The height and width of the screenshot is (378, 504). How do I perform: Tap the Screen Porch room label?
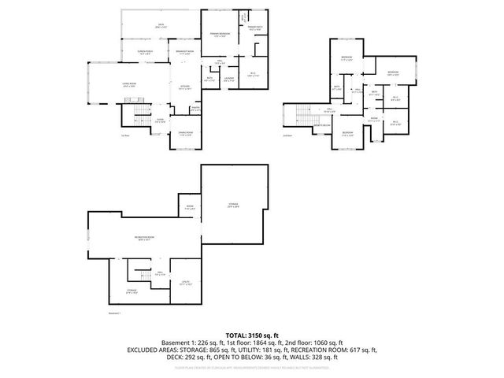tap(145, 53)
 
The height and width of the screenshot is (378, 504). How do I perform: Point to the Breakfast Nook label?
tap(185, 53)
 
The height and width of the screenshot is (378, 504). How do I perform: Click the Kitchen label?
tap(186, 87)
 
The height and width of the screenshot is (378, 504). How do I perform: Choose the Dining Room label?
tap(186, 133)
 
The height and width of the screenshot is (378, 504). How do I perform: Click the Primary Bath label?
tap(256, 28)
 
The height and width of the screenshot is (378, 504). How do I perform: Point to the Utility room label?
tap(185, 283)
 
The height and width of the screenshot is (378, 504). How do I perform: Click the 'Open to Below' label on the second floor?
tap(322, 126)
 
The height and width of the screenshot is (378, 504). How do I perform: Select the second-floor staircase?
tap(300, 117)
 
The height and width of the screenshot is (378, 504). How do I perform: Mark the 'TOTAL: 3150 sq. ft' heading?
tap(252, 335)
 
